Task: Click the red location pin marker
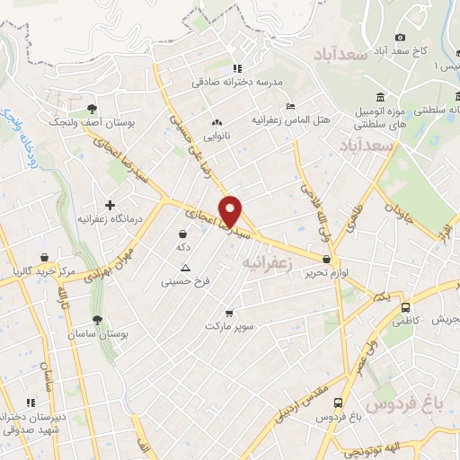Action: coord(233,210)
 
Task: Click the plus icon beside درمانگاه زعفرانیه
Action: coord(111,205)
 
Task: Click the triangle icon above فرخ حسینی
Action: coord(185,268)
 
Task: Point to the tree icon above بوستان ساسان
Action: coord(97,320)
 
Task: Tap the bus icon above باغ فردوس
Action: coord(338,403)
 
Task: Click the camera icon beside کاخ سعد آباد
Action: coord(401,37)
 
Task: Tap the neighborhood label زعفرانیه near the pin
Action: coord(269,261)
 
